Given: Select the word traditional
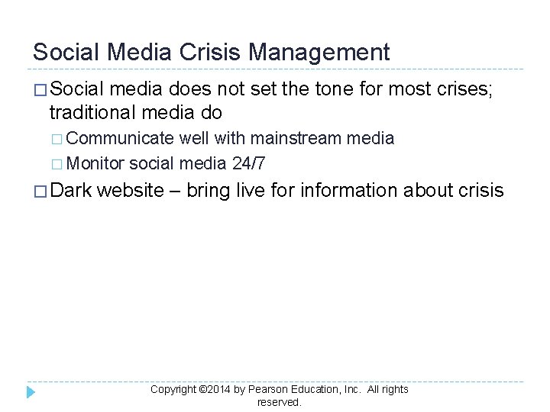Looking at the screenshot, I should click(x=90, y=113).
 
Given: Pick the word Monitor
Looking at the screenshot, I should click(x=96, y=163).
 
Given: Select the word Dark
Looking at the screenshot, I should click(x=71, y=190).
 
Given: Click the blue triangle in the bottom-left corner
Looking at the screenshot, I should click(x=31, y=392).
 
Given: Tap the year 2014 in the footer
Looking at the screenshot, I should click(x=218, y=390).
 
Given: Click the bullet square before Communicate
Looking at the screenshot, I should click(x=60, y=140).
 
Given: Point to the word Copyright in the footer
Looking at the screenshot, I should click(x=173, y=390).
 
